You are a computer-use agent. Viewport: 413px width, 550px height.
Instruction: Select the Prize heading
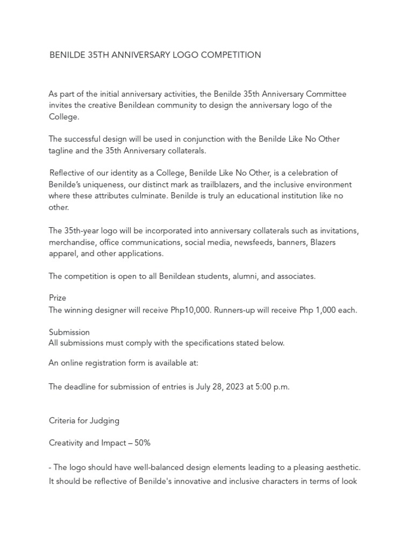[58, 298]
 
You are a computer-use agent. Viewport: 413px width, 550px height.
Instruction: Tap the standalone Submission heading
[69, 332]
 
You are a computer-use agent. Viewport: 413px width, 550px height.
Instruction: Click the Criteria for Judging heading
[84, 421]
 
